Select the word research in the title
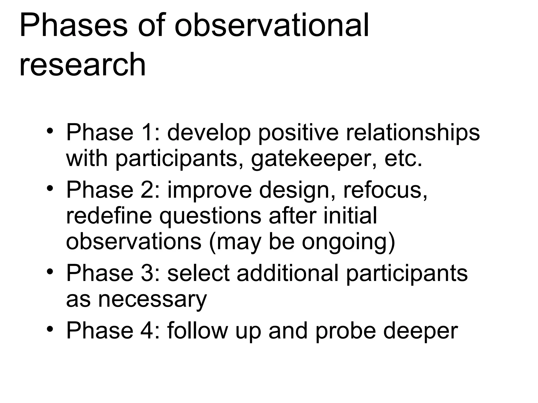click(x=82, y=65)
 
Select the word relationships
click(x=413, y=132)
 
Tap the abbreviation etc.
click(x=403, y=159)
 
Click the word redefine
click(x=109, y=215)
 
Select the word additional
click(x=287, y=273)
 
